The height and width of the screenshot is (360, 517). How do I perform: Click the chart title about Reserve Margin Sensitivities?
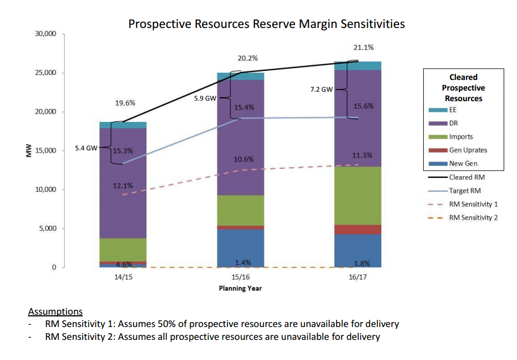coord(266,24)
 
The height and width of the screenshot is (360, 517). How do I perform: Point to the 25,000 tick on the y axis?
coord(46,73)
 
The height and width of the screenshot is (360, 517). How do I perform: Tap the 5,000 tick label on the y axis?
coord(48,229)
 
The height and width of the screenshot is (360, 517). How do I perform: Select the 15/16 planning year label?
coord(240,277)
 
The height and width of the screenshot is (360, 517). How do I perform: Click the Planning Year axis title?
coord(240,288)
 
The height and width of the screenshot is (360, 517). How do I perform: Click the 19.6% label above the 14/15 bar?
coord(125,103)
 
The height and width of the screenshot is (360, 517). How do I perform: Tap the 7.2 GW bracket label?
coord(321,89)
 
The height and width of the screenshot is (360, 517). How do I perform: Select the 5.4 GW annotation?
coord(86,148)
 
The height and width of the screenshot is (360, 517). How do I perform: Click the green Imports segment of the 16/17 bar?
coord(358,196)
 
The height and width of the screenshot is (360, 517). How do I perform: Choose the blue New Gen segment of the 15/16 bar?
coord(240,248)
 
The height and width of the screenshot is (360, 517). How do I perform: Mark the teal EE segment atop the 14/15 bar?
coord(123,125)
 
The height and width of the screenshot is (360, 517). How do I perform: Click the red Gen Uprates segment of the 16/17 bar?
coord(358,229)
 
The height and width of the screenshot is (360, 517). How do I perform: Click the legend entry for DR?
coord(453,124)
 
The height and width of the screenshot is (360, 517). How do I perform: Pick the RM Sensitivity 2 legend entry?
coord(473,217)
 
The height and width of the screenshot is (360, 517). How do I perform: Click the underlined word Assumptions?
coord(55,312)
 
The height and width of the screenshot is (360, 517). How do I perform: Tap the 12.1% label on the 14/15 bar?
coord(122,186)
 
